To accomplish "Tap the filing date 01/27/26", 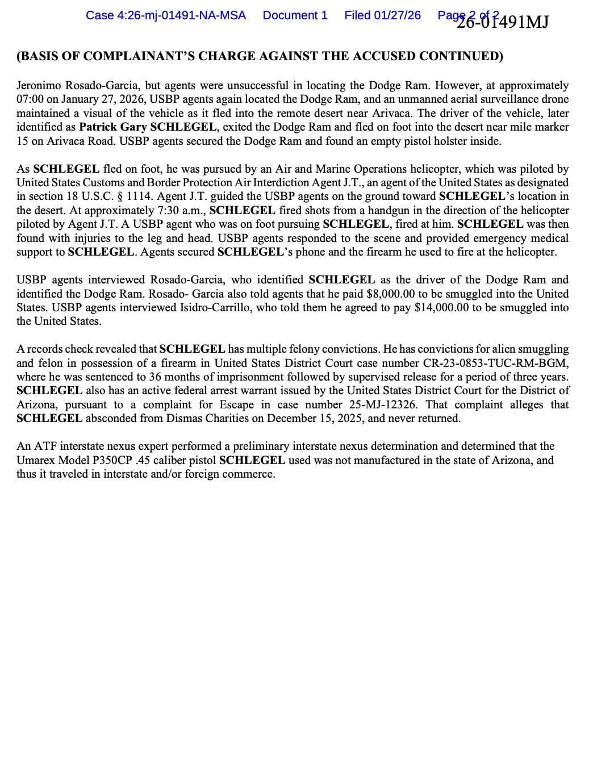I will click(x=397, y=15).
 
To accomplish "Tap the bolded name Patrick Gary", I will click(x=112, y=127).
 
